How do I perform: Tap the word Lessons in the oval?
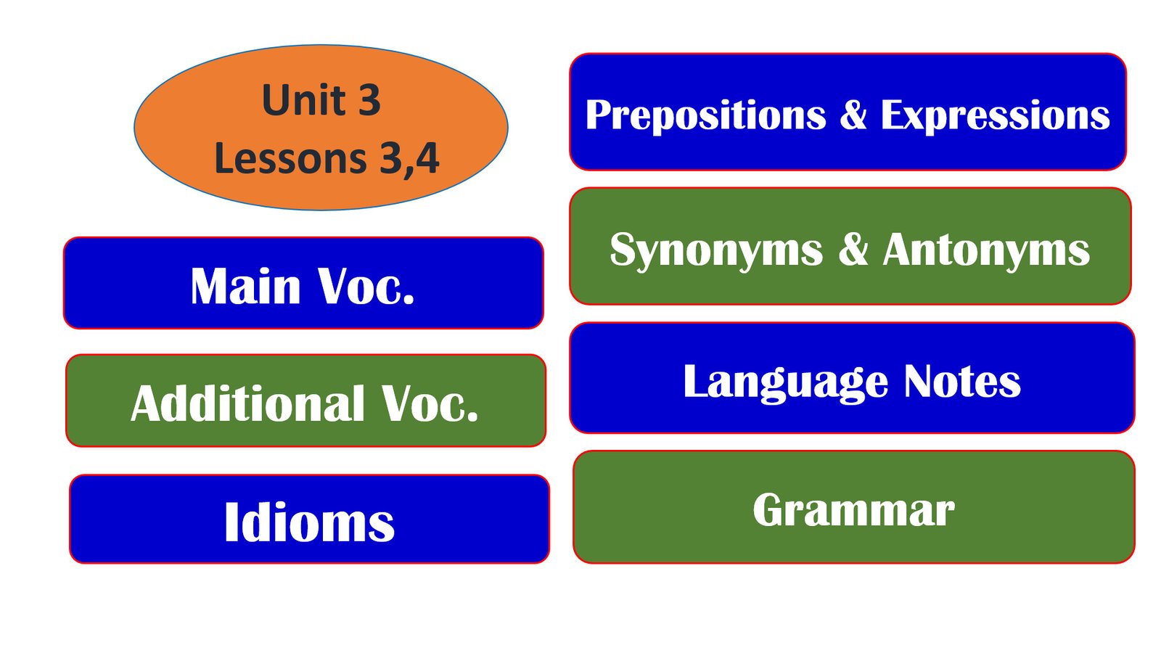click(x=291, y=158)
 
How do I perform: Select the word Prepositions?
click(x=706, y=116)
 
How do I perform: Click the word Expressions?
click(x=995, y=115)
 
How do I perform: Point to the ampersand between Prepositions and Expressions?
click(x=853, y=114)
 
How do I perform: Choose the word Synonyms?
click(x=716, y=252)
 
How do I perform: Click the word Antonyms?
click(x=986, y=250)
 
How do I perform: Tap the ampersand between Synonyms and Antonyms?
click(x=853, y=250)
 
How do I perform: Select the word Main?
click(x=246, y=286)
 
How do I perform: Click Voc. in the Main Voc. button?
click(x=366, y=286)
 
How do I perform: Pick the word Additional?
click(x=247, y=403)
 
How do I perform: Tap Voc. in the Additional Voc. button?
click(x=430, y=403)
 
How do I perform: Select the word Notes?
click(x=962, y=382)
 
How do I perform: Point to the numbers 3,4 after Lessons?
click(x=409, y=159)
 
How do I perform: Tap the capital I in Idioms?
click(x=231, y=522)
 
